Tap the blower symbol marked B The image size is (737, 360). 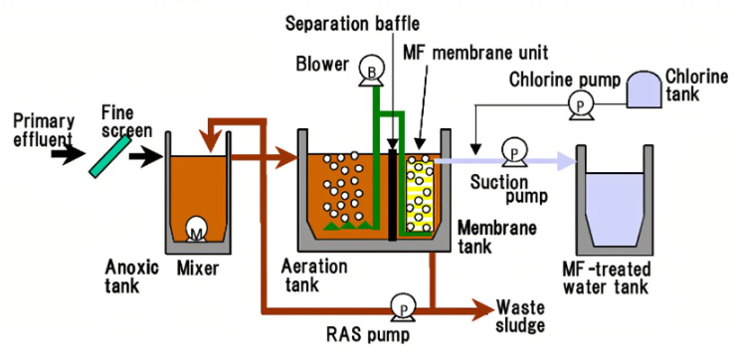[371, 71]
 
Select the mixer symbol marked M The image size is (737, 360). [197, 230]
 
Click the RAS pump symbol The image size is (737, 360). [403, 307]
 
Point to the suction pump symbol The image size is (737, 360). [514, 152]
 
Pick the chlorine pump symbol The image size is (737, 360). [581, 104]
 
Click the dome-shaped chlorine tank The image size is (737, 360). [645, 90]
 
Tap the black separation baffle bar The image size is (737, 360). [393, 195]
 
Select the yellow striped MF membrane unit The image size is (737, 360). [420, 194]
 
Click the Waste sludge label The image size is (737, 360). [521, 317]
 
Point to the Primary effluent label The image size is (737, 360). [43, 130]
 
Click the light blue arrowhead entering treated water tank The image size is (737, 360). [567, 161]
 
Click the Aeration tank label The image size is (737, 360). [314, 274]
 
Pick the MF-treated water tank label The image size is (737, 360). [607, 277]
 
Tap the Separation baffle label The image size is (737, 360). [352, 24]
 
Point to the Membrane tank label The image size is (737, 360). [497, 237]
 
